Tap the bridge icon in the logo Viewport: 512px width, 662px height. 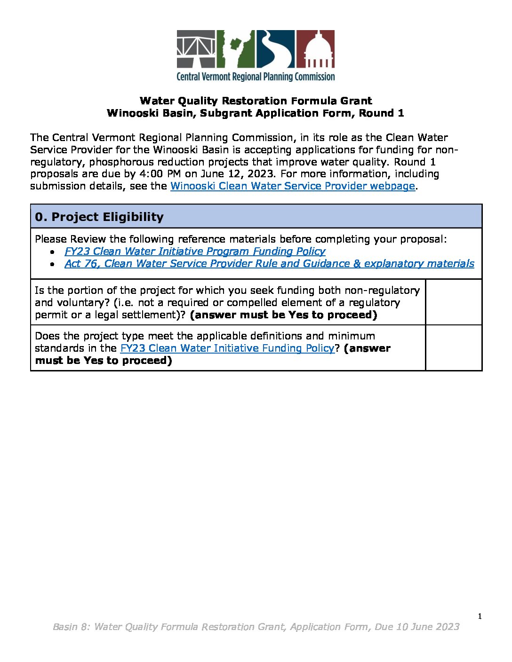pyautogui.click(x=196, y=49)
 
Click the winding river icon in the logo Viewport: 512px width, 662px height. pyautogui.click(x=275, y=49)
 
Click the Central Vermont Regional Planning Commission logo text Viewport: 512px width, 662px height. pyautogui.click(x=256, y=77)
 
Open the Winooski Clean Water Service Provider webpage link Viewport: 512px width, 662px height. pyautogui.click(x=292, y=186)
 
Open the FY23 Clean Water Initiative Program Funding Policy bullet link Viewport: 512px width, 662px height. pyautogui.click(x=195, y=252)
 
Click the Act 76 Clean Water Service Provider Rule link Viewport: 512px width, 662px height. pyautogui.click(x=269, y=264)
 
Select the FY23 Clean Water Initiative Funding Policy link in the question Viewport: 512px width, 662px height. pyautogui.click(x=227, y=348)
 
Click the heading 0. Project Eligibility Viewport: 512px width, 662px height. pyautogui.click(x=99, y=217)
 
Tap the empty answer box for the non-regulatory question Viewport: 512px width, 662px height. pyautogui.click(x=454, y=302)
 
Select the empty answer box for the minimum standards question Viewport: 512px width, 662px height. pyautogui.click(x=454, y=348)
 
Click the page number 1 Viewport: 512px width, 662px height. pyautogui.click(x=480, y=616)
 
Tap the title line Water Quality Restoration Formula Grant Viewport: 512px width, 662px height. pyautogui.click(x=256, y=101)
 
